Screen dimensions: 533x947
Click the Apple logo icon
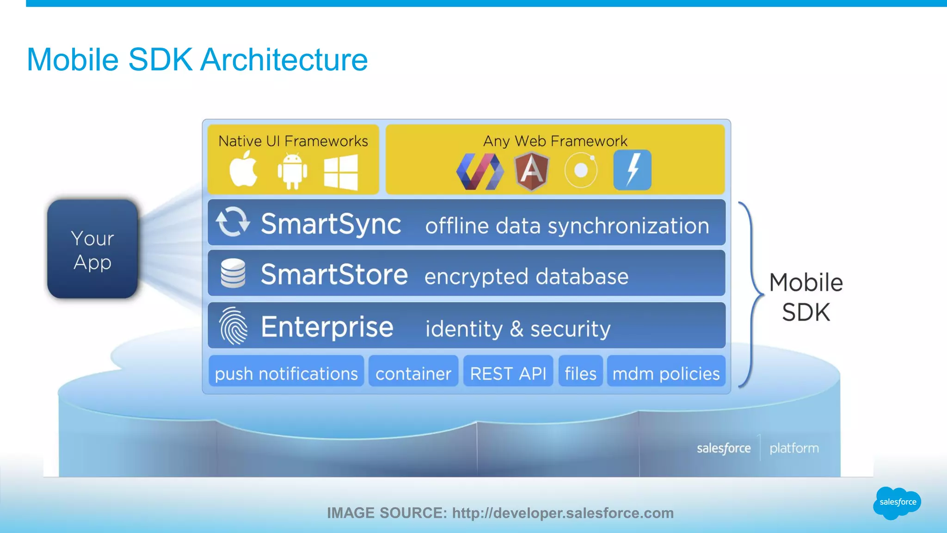pos(244,169)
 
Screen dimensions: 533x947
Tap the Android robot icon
pos(292,171)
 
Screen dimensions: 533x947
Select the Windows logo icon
pos(341,172)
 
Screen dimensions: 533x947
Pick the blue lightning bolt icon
pos(632,170)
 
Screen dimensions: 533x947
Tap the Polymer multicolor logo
pos(480,172)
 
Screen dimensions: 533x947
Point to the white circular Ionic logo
pos(581,170)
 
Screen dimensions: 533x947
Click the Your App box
pos(92,249)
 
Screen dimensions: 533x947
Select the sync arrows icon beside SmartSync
pos(233,222)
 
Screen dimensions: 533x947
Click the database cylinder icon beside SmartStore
pos(233,273)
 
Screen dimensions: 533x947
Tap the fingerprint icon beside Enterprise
pos(234,326)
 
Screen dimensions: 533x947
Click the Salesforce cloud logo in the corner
pos(897,502)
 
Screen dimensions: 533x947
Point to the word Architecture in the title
pos(284,60)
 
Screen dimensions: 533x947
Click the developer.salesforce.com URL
pos(563,513)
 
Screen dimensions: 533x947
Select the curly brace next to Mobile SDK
pos(750,294)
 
